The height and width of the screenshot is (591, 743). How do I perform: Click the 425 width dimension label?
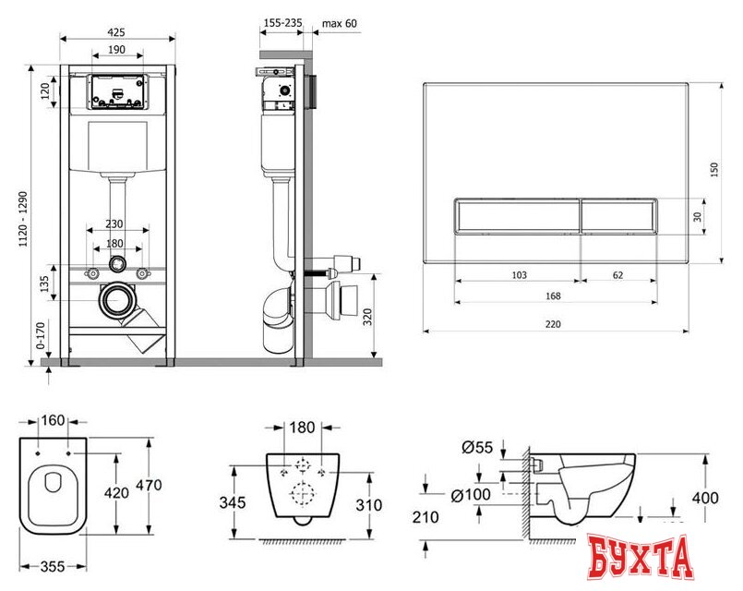[116, 31]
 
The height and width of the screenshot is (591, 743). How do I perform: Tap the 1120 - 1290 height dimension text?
[24, 219]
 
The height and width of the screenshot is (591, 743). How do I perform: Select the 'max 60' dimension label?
[340, 23]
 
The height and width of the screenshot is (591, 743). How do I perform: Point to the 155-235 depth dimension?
[282, 22]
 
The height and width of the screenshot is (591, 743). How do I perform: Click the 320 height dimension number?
[368, 317]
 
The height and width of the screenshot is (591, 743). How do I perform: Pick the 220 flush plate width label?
[553, 324]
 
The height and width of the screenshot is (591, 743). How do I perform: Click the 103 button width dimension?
[520, 275]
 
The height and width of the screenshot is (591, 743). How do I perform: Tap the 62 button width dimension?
[617, 275]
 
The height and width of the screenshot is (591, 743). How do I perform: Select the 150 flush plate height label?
[714, 169]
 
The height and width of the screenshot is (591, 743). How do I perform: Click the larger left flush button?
[518, 216]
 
